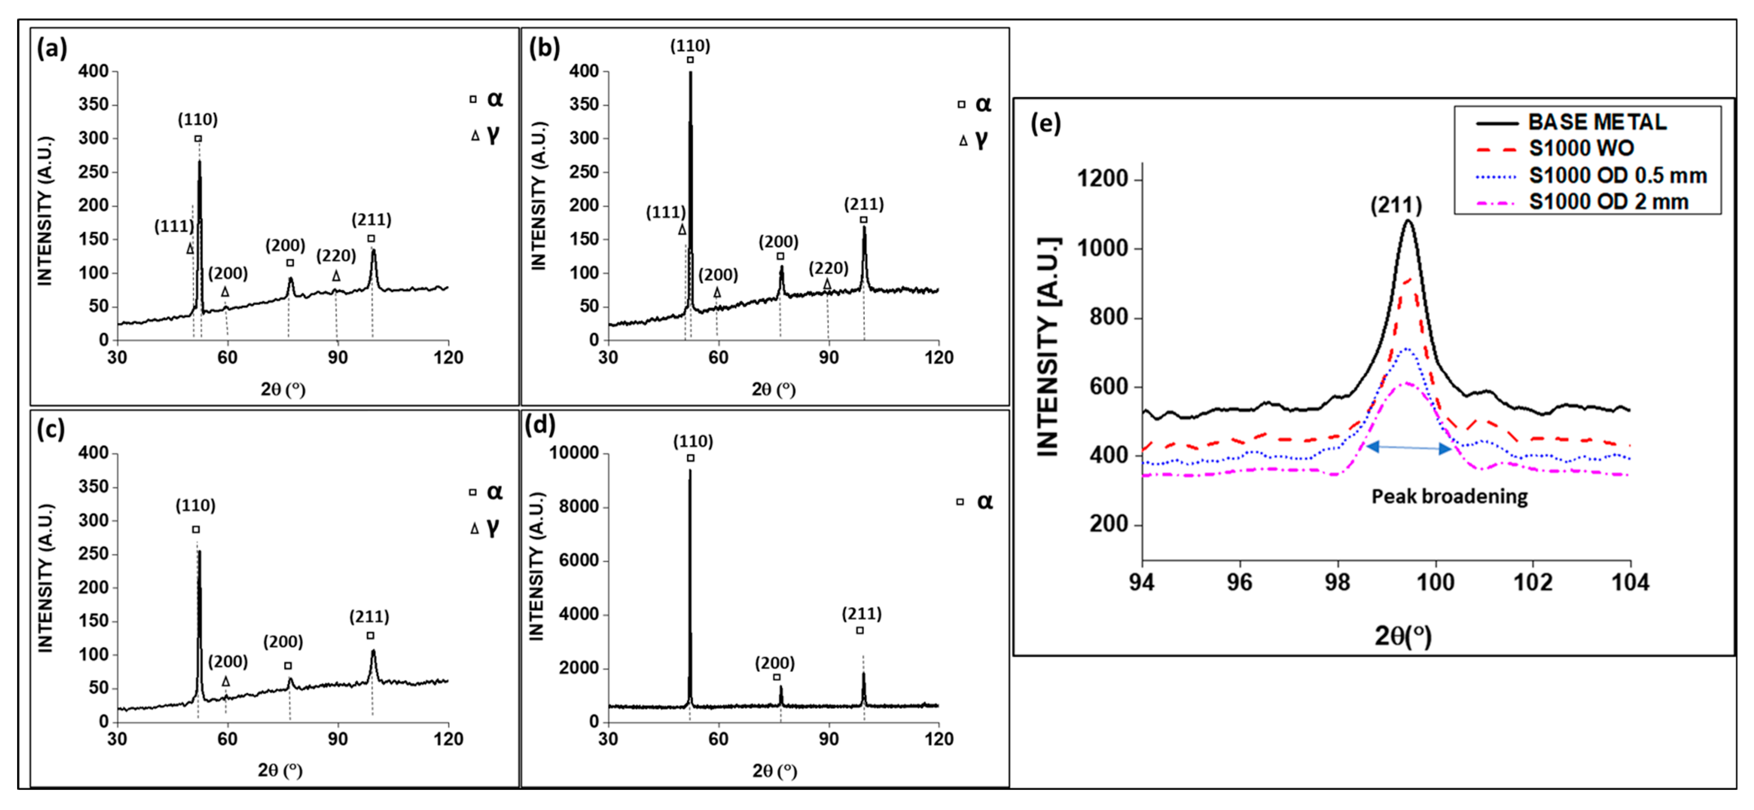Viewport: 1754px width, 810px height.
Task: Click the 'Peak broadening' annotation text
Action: point(1449,496)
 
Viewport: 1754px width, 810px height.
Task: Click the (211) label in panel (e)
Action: point(1396,205)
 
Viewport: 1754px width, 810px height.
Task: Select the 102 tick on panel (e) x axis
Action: point(1533,583)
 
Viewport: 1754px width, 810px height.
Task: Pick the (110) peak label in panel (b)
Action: point(690,46)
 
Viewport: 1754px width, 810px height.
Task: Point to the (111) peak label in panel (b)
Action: point(665,212)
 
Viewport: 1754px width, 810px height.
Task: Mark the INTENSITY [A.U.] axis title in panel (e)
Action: point(1049,347)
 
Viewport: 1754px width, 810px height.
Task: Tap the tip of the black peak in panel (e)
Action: point(1408,220)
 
